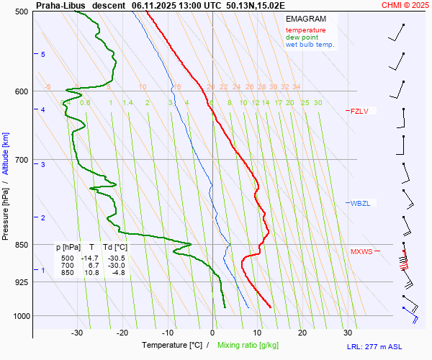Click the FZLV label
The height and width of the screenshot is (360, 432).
pyautogui.click(x=359, y=111)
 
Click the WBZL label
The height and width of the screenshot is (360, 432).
pyautogui.click(x=360, y=203)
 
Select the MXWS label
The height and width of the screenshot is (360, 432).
pyautogui.click(x=361, y=251)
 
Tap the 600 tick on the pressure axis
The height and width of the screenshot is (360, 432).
pyautogui.click(x=22, y=91)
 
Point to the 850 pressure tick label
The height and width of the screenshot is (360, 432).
pyautogui.click(x=22, y=245)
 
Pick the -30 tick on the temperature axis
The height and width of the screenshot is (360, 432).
pyautogui.click(x=78, y=333)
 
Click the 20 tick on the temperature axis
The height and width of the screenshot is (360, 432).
pyautogui.click(x=302, y=333)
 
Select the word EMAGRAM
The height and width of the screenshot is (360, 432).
pyautogui.click(x=305, y=19)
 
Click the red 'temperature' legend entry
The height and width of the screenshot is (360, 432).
pyautogui.click(x=305, y=30)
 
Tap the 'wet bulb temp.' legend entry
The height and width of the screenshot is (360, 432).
pyautogui.click(x=310, y=45)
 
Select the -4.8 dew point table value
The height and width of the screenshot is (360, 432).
pyautogui.click(x=118, y=272)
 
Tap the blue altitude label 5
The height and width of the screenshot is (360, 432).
pyautogui.click(x=43, y=55)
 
